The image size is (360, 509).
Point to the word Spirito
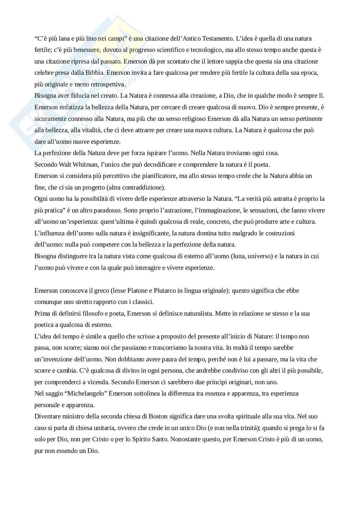[x=141, y=439]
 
